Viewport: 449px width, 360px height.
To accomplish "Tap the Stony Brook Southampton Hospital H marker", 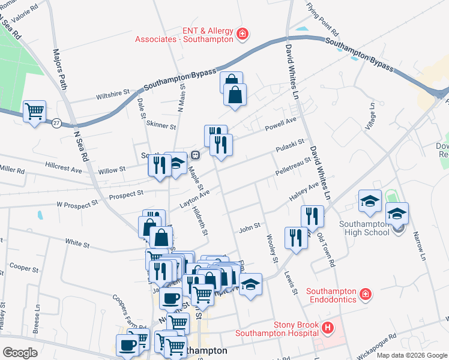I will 328,328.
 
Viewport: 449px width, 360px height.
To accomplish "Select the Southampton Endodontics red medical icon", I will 365,294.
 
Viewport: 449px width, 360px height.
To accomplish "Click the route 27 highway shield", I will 56,122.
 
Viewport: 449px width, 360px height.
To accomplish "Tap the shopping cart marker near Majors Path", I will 35,111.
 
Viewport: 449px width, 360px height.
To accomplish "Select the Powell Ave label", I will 282,123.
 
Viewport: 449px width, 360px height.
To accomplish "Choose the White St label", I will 77,244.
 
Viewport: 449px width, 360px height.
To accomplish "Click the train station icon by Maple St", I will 195,155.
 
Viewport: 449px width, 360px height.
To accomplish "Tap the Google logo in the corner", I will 20,353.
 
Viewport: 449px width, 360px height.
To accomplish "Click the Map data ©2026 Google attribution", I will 412,355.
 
